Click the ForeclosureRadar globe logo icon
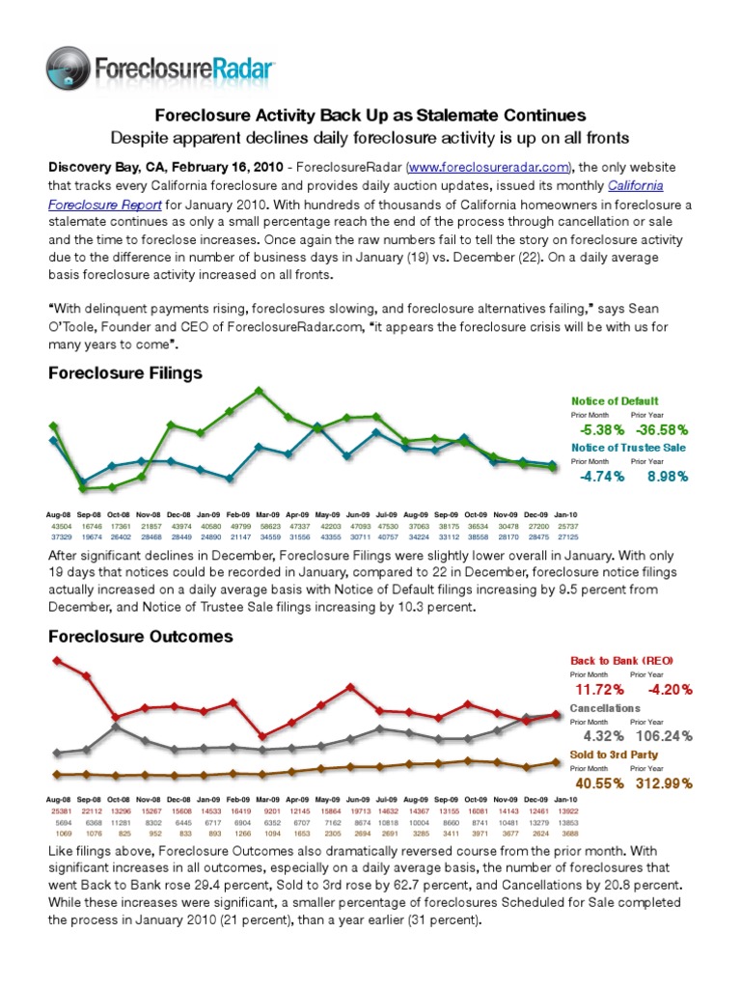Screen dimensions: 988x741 pos(69,69)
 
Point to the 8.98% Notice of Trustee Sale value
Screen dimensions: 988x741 pos(659,476)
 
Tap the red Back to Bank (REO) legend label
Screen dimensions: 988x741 pos(622,660)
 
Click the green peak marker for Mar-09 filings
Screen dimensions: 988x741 pos(259,391)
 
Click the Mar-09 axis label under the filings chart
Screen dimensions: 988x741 pos(267,515)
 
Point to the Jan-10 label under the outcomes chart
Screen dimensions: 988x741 pos(565,800)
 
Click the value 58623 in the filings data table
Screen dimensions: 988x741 pos(267,526)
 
